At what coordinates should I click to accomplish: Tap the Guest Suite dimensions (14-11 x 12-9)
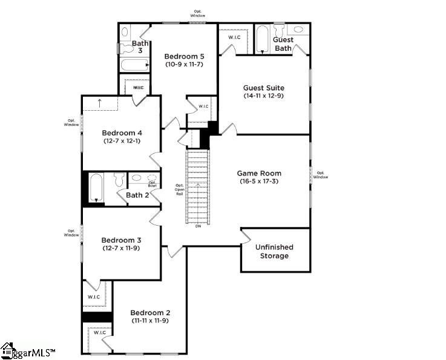point(263,96)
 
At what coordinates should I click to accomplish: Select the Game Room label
point(258,173)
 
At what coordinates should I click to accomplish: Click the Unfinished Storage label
point(274,251)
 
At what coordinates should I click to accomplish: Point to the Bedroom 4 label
point(122,133)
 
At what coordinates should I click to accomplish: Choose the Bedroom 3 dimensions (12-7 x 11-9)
point(121,247)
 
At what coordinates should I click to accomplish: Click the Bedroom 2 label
point(150,312)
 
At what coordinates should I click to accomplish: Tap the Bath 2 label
point(137,195)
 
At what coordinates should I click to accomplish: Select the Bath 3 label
point(140,47)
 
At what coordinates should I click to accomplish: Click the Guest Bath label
point(284,44)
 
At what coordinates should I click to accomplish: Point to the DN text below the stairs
point(198,226)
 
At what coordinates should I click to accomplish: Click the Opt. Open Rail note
point(179,189)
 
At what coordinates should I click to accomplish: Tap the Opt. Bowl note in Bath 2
point(152,184)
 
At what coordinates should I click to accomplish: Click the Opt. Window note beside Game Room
point(321,175)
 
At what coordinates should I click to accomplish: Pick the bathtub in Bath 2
point(96,188)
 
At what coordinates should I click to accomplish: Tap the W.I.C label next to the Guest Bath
point(235,37)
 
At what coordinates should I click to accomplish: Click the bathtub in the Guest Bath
point(262,39)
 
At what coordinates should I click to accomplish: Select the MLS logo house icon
point(8,350)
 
